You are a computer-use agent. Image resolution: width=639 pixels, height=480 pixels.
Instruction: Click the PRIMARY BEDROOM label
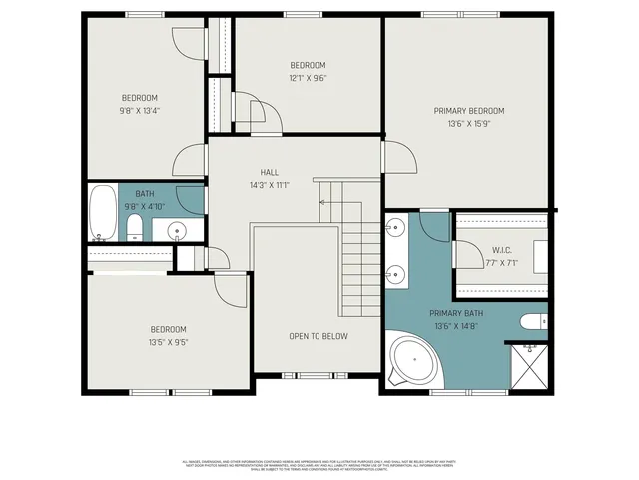click(x=468, y=111)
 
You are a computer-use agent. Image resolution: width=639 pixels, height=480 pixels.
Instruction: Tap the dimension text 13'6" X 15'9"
click(x=468, y=124)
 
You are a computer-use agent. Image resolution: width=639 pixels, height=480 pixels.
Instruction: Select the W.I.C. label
click(x=501, y=250)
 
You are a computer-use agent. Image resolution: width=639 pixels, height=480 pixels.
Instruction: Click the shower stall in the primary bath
click(x=527, y=367)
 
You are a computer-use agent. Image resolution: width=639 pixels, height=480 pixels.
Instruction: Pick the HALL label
click(x=270, y=172)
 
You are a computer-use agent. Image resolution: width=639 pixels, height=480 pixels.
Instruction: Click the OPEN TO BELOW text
click(x=319, y=336)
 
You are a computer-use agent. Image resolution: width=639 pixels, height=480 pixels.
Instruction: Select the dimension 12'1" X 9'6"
click(x=309, y=78)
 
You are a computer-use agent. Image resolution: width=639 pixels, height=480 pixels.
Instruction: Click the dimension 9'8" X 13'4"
click(x=140, y=111)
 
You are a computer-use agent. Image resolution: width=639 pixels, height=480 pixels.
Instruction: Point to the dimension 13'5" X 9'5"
click(x=169, y=342)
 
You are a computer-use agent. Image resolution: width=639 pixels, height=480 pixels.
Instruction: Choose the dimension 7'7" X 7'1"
click(x=501, y=263)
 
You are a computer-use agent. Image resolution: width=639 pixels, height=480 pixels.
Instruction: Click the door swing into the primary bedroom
click(x=394, y=155)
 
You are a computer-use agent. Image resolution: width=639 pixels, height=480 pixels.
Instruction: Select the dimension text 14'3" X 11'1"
click(x=270, y=185)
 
